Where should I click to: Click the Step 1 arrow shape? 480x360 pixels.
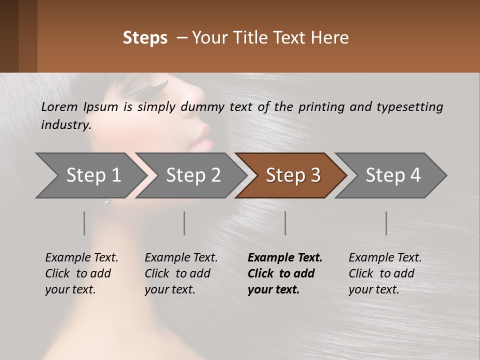click(x=90, y=175)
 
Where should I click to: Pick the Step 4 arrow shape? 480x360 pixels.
click(x=391, y=175)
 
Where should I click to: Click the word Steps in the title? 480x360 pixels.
click(x=145, y=38)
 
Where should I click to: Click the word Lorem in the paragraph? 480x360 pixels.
click(x=59, y=107)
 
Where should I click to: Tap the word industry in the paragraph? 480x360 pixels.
click(x=65, y=125)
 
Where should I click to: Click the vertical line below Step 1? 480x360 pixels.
click(x=84, y=223)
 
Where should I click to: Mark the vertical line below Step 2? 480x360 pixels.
click(x=184, y=223)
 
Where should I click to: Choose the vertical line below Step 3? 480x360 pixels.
click(x=285, y=223)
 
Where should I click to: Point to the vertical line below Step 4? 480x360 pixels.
click(x=386, y=223)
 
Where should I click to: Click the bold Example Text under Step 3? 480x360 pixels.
click(x=285, y=258)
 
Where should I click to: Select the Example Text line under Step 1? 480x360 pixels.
click(x=81, y=258)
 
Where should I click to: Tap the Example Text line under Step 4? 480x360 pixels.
click(x=385, y=258)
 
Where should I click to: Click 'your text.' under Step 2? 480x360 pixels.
click(x=169, y=289)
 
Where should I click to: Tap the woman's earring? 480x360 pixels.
click(x=105, y=203)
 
